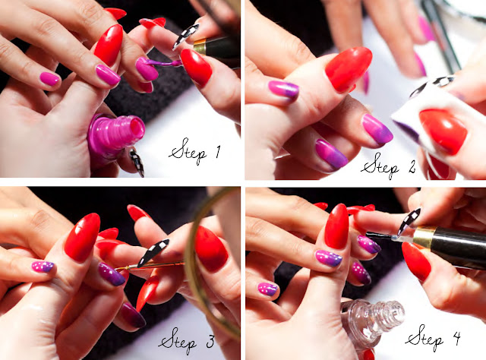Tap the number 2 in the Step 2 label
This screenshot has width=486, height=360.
[411, 167]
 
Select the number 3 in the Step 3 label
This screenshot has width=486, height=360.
[210, 341]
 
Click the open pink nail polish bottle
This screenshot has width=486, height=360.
[115, 136]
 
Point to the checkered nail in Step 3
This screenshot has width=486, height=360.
[153, 252]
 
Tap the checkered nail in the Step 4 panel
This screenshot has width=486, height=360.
[409, 222]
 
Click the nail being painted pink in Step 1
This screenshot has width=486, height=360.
[146, 69]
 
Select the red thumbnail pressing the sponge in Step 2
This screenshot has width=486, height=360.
[443, 130]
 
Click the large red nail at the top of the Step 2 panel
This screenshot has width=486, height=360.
[348, 69]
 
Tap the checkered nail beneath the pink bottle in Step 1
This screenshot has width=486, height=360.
[137, 163]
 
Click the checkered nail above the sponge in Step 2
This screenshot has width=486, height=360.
[432, 85]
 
